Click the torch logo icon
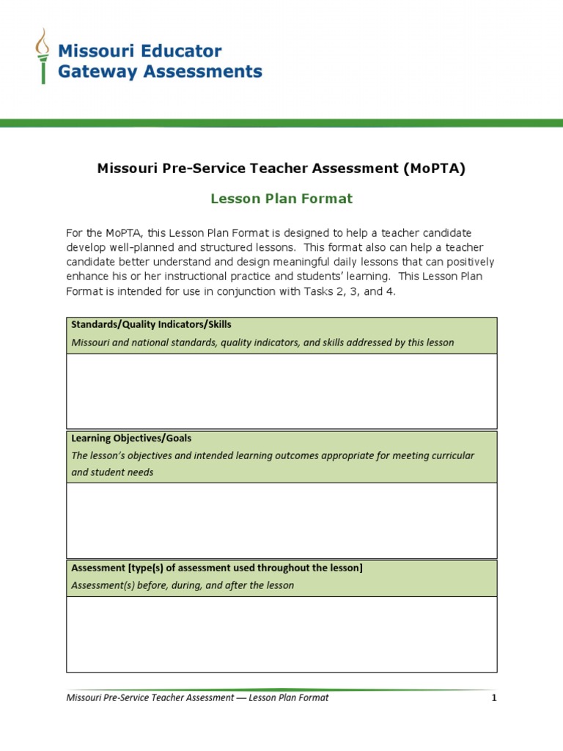[43, 56]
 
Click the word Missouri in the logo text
[92, 51]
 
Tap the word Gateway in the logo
[93, 71]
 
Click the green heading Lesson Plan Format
[281, 199]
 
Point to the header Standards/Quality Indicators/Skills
[151, 324]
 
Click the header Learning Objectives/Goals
[131, 438]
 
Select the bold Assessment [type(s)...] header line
[216, 568]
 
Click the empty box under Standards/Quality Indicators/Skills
[281, 391]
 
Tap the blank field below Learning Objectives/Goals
[281, 520]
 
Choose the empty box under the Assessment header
[281, 634]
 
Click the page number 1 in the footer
[494, 698]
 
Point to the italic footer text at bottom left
[197, 698]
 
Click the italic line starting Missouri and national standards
[262, 342]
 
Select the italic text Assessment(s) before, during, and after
[183, 585]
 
